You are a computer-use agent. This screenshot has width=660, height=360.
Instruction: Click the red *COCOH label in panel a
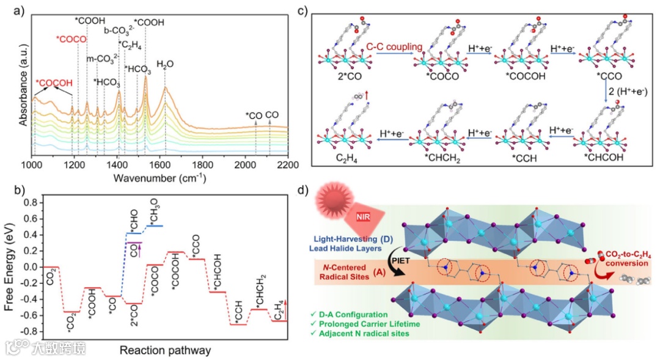(54, 83)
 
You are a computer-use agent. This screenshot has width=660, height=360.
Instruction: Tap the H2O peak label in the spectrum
(165, 64)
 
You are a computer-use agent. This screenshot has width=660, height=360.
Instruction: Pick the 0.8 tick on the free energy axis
(26, 202)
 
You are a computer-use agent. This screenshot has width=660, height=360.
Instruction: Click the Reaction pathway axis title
(164, 350)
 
